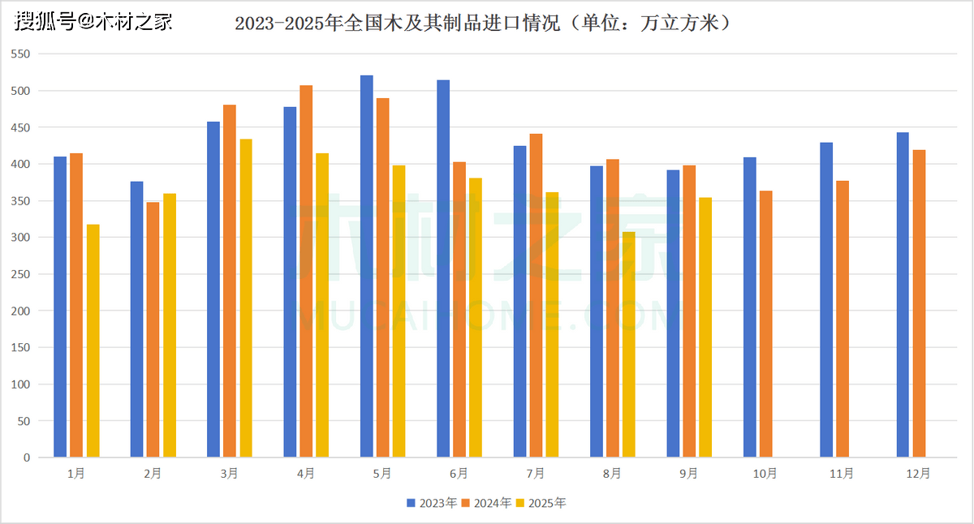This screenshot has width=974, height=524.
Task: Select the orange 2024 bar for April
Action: (x=306, y=271)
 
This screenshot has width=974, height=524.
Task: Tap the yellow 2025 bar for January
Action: (x=93, y=341)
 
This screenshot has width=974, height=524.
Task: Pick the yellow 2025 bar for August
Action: (x=629, y=345)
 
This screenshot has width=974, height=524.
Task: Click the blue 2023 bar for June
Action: (x=443, y=268)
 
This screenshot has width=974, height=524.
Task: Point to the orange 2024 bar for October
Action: (x=765, y=324)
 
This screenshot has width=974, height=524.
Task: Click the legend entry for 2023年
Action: (x=433, y=503)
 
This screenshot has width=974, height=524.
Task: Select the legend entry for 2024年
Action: (x=487, y=503)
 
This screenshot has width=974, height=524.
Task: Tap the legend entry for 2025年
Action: (x=541, y=503)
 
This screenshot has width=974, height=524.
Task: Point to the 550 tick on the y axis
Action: (x=19, y=54)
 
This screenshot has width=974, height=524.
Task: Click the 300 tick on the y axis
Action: (x=19, y=238)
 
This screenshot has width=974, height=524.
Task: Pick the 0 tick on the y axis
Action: (x=26, y=457)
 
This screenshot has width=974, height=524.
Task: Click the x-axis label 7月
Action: (x=535, y=474)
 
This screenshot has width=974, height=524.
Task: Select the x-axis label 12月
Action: (x=919, y=474)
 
